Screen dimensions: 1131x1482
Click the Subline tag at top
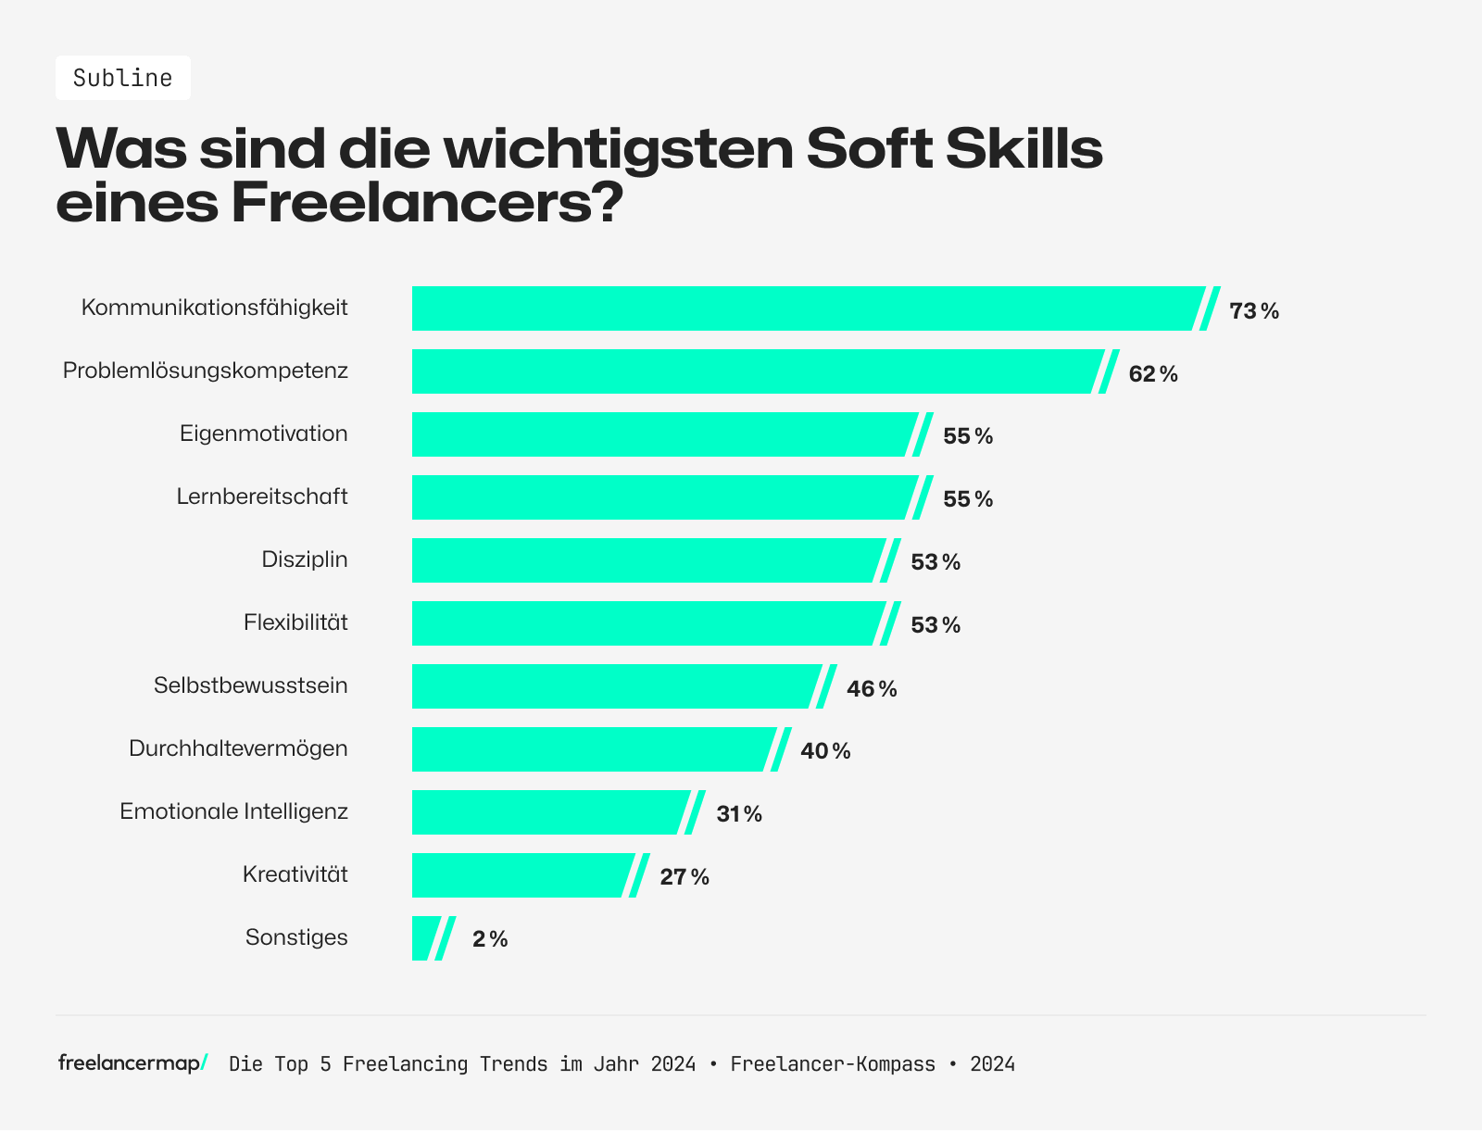[122, 78]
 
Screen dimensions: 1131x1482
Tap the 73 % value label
[1253, 311]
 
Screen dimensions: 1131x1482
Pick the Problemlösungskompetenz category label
[206, 371]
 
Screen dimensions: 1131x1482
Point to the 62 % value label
[1152, 374]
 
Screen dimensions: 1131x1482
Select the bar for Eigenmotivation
[662, 434]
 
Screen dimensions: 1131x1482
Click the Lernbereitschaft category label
[262, 496]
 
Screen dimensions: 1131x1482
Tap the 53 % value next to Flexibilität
[935, 625]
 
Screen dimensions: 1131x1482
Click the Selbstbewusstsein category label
[251, 685]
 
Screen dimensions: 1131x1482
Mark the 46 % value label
[871, 689]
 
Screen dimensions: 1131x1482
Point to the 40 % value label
[824, 751]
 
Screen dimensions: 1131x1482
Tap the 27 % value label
[684, 877]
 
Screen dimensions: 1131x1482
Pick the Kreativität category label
[295, 874]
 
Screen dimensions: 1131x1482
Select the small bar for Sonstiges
[423, 938]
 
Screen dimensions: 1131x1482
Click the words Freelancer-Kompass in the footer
[832, 1064]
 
